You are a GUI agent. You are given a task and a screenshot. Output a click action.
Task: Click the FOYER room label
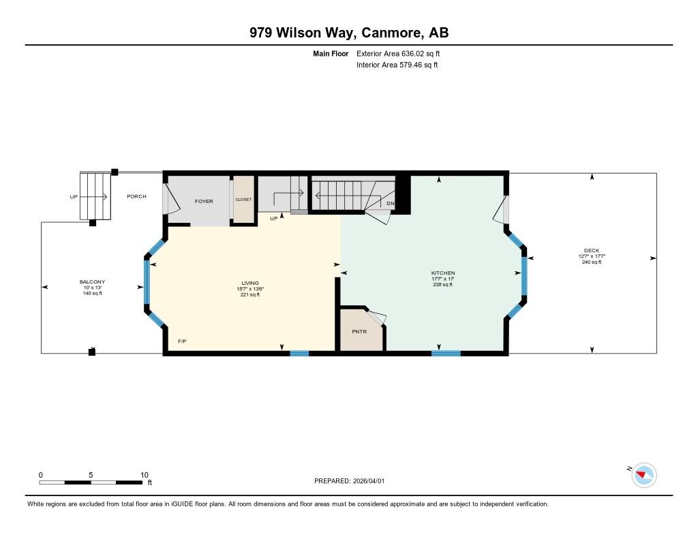pyautogui.click(x=204, y=201)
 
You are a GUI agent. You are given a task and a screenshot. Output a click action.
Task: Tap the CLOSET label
pyautogui.click(x=243, y=200)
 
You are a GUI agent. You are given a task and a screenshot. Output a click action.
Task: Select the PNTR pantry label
pyautogui.click(x=359, y=332)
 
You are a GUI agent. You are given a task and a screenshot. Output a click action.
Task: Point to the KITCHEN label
pyautogui.click(x=443, y=273)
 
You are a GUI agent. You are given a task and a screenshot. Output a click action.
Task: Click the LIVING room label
pyautogui.click(x=250, y=283)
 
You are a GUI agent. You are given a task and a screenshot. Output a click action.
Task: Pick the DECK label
pyautogui.click(x=592, y=251)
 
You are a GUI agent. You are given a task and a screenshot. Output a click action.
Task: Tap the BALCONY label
pyautogui.click(x=92, y=281)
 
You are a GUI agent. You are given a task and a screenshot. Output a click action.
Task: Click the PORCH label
pyautogui.click(x=136, y=196)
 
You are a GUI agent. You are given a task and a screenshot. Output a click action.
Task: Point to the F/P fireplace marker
pyautogui.click(x=182, y=341)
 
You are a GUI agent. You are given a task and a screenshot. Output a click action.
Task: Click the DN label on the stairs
pyautogui.click(x=391, y=204)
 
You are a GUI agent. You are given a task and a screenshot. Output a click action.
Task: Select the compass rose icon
pyautogui.click(x=643, y=476)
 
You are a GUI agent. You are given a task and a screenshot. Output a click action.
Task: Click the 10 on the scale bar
pyautogui.click(x=145, y=475)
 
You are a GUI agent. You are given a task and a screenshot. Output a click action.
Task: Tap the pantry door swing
pyautogui.click(x=376, y=318)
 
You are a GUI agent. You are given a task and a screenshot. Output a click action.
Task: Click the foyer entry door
pyautogui.click(x=170, y=200)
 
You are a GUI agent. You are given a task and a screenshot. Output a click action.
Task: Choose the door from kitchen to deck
pyautogui.click(x=501, y=209)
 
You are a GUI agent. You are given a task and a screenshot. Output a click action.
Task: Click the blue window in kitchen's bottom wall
pyautogui.click(x=446, y=354)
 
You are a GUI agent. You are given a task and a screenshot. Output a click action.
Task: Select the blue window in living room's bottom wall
pyautogui.click(x=300, y=354)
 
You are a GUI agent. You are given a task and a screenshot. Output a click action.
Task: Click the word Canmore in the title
pyautogui.click(x=391, y=33)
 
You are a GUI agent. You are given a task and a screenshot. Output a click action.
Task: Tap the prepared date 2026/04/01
pyautogui.click(x=369, y=480)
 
